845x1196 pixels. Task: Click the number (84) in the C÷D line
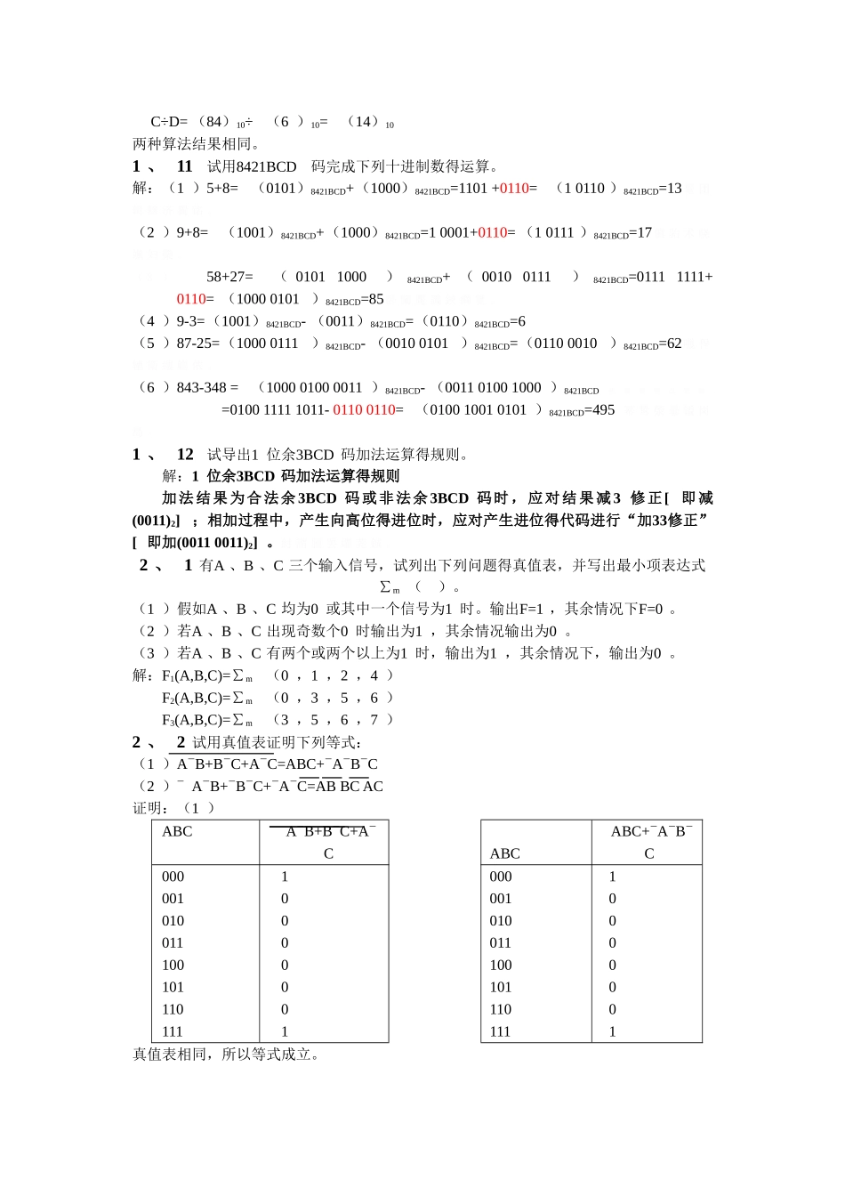pyautogui.click(x=213, y=122)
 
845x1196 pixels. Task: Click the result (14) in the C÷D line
pyautogui.click(x=364, y=122)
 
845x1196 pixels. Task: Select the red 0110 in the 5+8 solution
pyautogui.click(x=513, y=189)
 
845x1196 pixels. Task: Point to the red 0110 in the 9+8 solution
pyautogui.click(x=492, y=233)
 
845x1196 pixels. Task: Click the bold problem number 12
pyautogui.click(x=185, y=455)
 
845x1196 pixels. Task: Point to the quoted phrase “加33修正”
pyautogui.click(x=665, y=521)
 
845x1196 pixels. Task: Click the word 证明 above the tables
pyautogui.click(x=150, y=809)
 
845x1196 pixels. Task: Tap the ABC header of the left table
pyautogui.click(x=177, y=832)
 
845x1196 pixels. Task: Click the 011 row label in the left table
pyautogui.click(x=173, y=943)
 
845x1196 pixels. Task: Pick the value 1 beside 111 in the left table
pyautogui.click(x=285, y=1032)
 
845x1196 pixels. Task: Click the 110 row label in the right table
pyautogui.click(x=501, y=1010)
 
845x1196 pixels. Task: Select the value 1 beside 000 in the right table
pyautogui.click(x=612, y=877)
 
